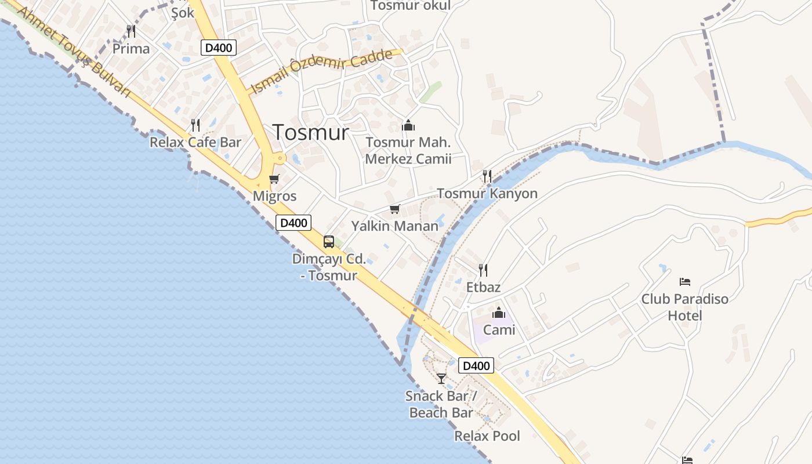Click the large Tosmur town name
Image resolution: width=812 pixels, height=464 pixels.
click(311, 133)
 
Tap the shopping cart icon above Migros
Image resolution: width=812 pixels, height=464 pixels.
click(274, 179)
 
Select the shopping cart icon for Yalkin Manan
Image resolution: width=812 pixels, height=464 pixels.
click(395, 209)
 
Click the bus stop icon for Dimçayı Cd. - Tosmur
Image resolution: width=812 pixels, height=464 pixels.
click(329, 242)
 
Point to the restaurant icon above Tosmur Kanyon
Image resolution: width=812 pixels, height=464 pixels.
click(487, 176)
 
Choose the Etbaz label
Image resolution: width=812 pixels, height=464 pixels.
click(483, 287)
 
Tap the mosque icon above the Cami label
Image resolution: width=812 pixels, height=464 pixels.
click(499, 313)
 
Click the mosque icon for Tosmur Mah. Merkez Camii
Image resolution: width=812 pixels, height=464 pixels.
click(408, 125)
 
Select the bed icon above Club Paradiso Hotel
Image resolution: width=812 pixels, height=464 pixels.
click(685, 282)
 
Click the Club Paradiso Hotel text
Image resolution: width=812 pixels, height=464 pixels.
click(684, 307)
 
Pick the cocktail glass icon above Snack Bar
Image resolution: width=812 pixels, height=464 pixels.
click(441, 379)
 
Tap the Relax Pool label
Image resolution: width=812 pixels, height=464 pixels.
click(487, 436)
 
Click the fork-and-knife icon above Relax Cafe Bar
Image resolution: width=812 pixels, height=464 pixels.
click(195, 125)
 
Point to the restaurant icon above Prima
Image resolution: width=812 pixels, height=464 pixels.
click(131, 31)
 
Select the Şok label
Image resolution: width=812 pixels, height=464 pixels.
click(183, 12)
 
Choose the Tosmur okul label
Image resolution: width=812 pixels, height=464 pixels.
click(410, 5)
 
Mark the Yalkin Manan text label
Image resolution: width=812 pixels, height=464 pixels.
click(394, 226)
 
